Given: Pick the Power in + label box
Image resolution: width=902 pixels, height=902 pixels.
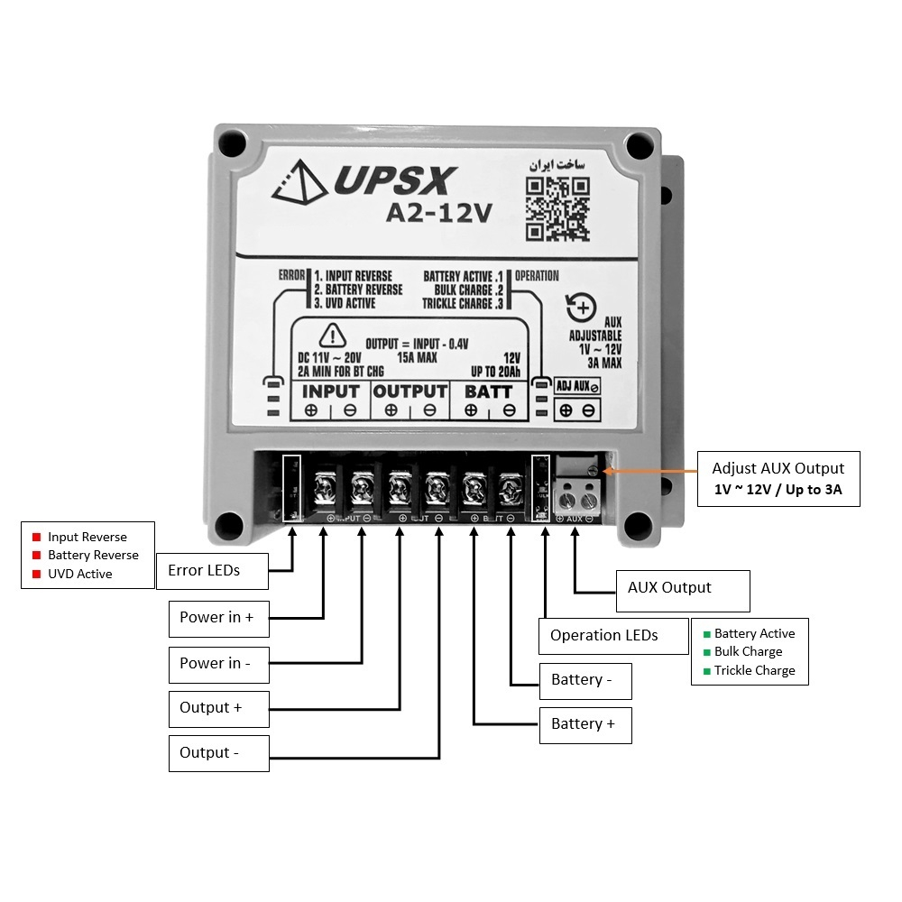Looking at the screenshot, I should [x=217, y=618].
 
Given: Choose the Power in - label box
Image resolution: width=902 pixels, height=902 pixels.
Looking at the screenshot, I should [x=217, y=663].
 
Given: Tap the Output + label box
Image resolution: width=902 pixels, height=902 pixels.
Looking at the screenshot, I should [x=217, y=708].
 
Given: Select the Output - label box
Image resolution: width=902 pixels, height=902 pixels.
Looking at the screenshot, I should [x=217, y=753].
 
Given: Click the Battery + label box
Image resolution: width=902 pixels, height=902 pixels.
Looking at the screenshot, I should [x=584, y=724].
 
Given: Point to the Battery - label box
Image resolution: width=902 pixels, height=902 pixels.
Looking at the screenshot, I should [x=584, y=680].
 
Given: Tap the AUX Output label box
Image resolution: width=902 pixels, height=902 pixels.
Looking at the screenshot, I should [x=682, y=589].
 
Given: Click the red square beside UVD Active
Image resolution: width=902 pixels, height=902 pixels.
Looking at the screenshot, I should [x=37, y=575].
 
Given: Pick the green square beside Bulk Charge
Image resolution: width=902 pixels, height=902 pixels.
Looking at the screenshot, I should [x=707, y=652].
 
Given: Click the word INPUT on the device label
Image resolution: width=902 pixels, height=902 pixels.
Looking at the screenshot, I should [x=330, y=391].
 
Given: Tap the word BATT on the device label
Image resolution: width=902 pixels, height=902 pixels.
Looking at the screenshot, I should [x=488, y=391].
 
